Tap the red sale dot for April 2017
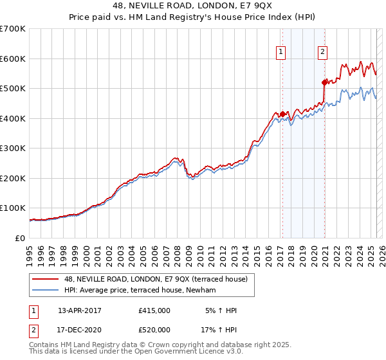pos(282,114)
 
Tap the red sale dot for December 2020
pos(324,82)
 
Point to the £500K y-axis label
pos(12,89)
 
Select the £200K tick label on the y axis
pos(12,178)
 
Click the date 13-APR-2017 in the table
pos(80,310)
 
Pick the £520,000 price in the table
pos(154,329)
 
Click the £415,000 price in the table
pos(154,310)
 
